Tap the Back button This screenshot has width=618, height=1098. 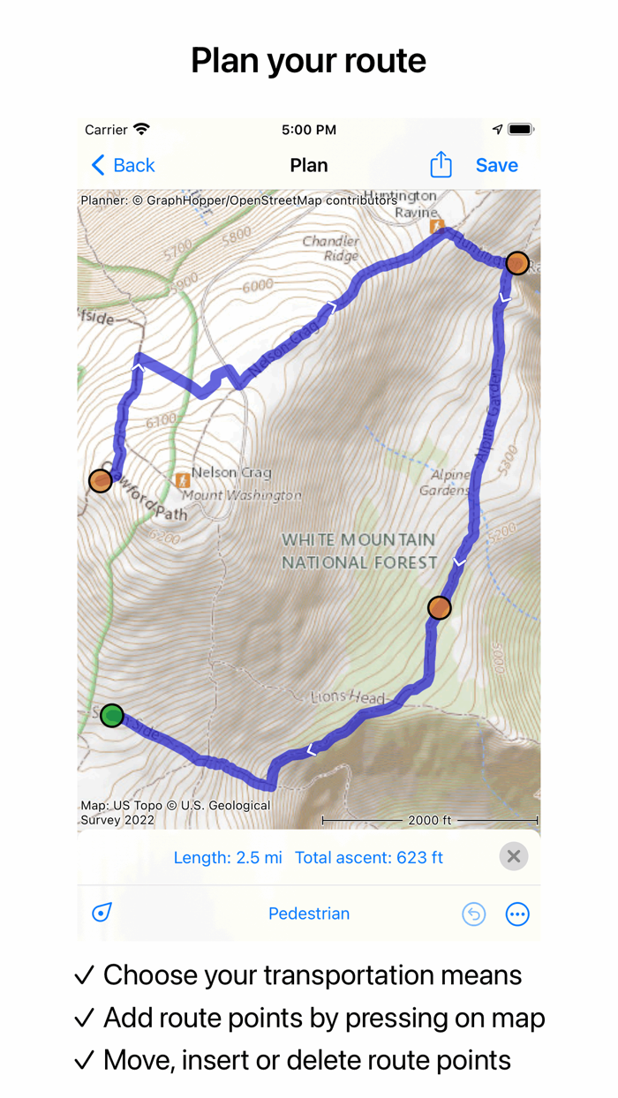(x=123, y=165)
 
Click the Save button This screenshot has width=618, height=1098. (x=496, y=165)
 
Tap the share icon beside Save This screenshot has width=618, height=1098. (x=441, y=165)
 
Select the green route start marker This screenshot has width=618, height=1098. (x=111, y=715)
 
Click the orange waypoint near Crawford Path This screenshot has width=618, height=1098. (x=101, y=480)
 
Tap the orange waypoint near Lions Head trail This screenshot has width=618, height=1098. (x=439, y=607)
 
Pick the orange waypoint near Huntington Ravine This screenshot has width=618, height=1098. (x=517, y=263)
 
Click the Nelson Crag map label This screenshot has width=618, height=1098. (x=231, y=473)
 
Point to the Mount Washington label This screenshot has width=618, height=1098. (x=242, y=495)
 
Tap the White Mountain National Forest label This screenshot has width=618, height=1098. (x=358, y=551)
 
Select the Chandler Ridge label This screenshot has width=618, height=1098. (x=331, y=248)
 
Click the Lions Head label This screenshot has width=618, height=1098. (x=349, y=697)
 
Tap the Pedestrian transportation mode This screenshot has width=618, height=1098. (x=309, y=914)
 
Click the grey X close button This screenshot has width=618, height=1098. (x=513, y=856)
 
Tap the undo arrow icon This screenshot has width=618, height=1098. (x=474, y=914)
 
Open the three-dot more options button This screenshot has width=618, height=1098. (x=517, y=914)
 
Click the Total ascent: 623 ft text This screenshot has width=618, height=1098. (x=369, y=857)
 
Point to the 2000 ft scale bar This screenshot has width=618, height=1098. (x=430, y=821)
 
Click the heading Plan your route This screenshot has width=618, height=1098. (x=309, y=61)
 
